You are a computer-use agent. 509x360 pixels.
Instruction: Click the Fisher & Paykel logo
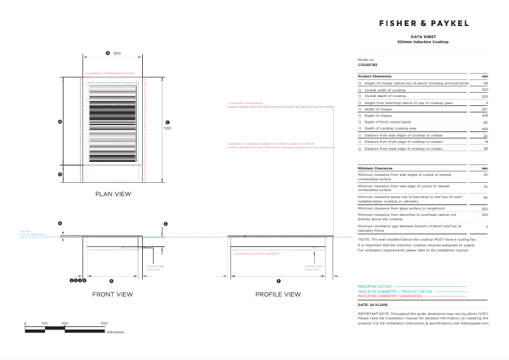[423, 23]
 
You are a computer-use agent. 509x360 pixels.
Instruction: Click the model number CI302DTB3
[367, 65]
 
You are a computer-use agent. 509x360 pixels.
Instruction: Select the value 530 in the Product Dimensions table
[484, 97]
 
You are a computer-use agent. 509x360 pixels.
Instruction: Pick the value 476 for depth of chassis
[484, 116]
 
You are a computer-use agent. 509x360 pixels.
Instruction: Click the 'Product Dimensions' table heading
[374, 76]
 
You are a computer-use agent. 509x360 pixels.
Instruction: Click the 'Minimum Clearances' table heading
[375, 168]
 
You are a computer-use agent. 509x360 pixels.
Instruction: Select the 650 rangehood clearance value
[484, 208]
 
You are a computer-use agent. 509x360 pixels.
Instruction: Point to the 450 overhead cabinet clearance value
[484, 215]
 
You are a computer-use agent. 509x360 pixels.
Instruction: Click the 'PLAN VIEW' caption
[113, 194]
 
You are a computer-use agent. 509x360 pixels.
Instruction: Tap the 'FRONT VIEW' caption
[112, 295]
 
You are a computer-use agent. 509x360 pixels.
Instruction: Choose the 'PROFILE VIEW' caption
[278, 295]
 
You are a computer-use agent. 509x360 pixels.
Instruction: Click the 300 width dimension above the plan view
[117, 53]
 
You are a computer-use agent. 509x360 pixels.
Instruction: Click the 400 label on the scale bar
[104, 324]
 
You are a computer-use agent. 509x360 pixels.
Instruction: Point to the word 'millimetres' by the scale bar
[115, 331]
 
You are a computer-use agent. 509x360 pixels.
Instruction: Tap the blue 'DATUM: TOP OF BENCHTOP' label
[32, 234]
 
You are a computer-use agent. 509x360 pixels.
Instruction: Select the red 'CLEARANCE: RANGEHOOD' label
[246, 103]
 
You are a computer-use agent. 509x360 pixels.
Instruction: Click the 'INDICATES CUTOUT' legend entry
[374, 287]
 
